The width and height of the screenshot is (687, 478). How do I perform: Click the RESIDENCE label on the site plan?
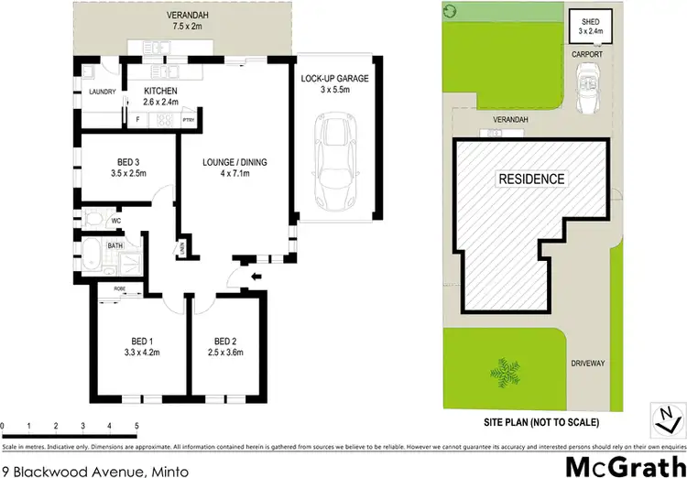[531, 179]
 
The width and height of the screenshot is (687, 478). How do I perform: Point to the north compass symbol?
[662, 417]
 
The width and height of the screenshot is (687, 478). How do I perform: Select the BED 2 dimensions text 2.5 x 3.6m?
[225, 351]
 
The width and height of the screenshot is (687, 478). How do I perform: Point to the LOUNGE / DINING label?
[234, 162]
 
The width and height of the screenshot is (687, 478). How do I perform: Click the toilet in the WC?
[93, 219]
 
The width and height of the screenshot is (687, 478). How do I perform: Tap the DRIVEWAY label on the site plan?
[588, 364]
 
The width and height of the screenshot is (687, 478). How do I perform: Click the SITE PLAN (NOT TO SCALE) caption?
[540, 422]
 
